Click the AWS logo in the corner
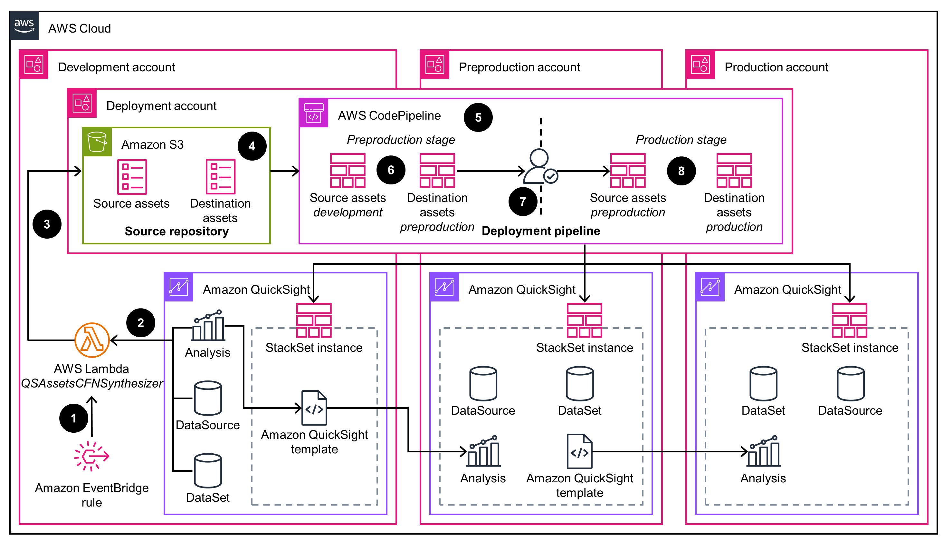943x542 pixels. (x=24, y=26)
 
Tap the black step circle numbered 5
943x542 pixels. (x=478, y=118)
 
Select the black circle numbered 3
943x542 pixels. (x=47, y=224)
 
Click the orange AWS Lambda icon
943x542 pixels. (x=92, y=340)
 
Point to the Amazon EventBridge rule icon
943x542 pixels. (x=91, y=456)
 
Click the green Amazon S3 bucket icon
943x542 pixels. (x=97, y=142)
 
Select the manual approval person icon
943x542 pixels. (x=540, y=167)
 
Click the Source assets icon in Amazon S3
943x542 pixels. (x=132, y=177)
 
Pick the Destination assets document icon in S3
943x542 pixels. (x=221, y=177)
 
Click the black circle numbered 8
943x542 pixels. (x=681, y=171)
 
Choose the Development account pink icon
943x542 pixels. (x=34, y=64)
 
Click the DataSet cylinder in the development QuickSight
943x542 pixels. (x=208, y=470)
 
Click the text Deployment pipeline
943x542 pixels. (x=540, y=231)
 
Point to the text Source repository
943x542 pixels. (x=176, y=231)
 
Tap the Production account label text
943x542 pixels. (x=776, y=67)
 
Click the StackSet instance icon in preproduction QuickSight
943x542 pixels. (x=584, y=320)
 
